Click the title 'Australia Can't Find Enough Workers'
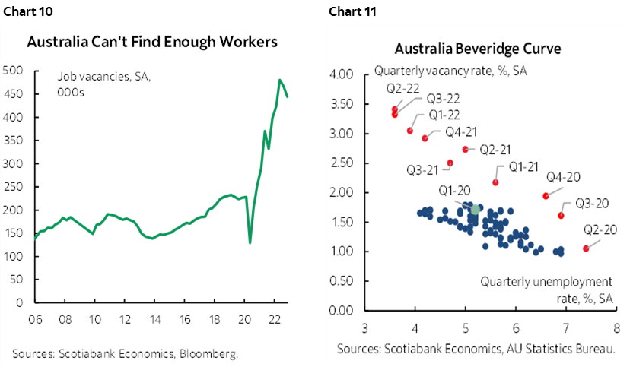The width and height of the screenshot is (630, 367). click(152, 42)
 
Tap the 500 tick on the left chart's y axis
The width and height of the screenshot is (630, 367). click(12, 71)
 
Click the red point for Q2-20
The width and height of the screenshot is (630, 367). click(586, 248)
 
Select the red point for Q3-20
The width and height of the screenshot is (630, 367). click(561, 216)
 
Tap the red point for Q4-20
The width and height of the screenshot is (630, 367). click(546, 196)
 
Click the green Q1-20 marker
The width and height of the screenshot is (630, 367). click(476, 209)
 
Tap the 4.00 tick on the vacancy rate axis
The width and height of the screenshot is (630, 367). click(345, 75)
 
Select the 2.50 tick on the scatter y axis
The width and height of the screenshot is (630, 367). click(345, 163)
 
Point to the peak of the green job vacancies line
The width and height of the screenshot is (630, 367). click(280, 80)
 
